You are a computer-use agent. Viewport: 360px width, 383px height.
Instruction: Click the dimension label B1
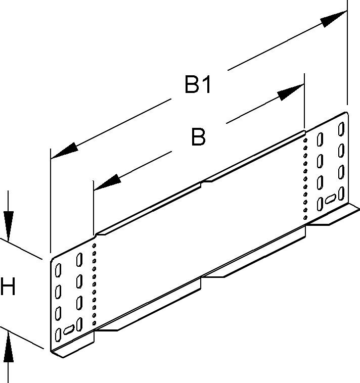pos(197,85)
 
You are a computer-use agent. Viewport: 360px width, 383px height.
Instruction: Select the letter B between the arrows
pos(198,137)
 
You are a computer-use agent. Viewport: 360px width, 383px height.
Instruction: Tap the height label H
pos(8,288)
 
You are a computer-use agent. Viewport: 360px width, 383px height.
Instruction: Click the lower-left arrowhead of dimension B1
pos(65,150)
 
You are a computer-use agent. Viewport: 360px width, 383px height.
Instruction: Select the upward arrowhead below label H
pos(9,349)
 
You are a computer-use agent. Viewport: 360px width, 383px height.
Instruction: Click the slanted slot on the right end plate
pos(331,199)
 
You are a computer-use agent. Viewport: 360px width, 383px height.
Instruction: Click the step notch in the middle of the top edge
pos(202,182)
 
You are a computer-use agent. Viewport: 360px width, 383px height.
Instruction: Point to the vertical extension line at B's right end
pos(304,101)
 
